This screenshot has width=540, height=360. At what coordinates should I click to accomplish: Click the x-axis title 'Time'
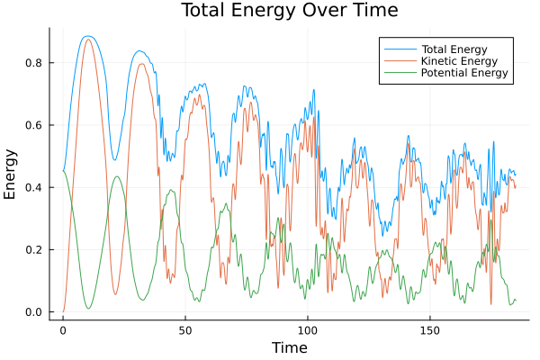tap(289, 347)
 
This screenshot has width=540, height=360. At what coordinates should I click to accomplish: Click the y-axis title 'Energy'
tap(11, 174)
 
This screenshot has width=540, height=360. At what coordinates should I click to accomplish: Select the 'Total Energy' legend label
tap(455, 47)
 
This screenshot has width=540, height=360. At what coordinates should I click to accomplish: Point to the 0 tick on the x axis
tap(63, 330)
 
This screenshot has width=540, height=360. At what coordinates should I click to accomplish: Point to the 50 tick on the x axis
tap(185, 330)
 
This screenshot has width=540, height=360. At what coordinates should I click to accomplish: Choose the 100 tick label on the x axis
tap(308, 330)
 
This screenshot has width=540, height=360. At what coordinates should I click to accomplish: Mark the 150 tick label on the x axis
tap(430, 330)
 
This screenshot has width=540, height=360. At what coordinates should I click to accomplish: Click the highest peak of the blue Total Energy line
tap(86, 36)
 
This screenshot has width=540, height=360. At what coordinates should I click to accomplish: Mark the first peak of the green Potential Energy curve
tap(117, 176)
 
